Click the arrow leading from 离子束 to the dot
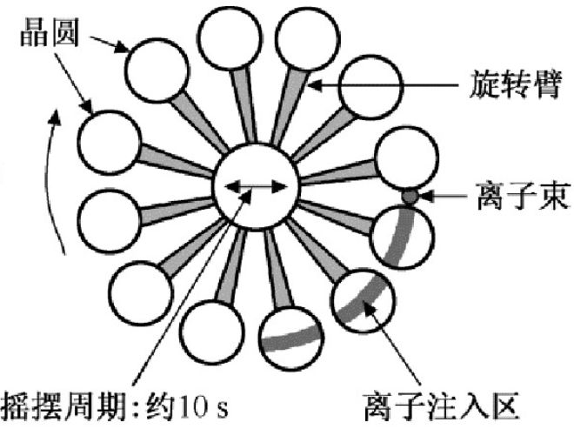click(448, 198)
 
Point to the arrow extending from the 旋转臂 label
click(391, 85)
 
